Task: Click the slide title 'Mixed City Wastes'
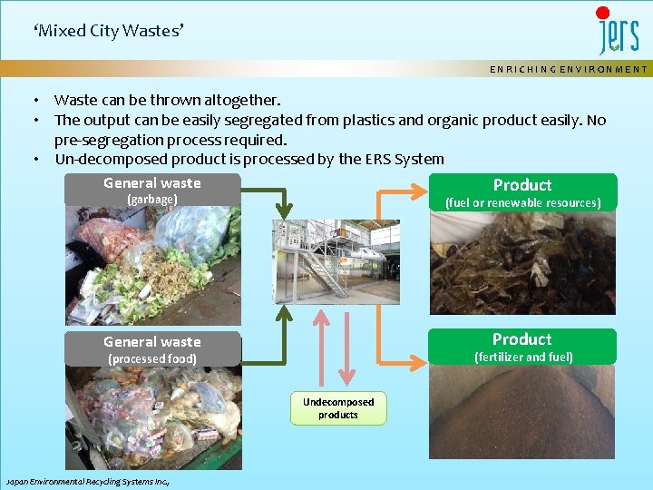click(x=108, y=31)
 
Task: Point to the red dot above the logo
click(x=603, y=14)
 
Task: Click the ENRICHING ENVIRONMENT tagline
click(x=569, y=69)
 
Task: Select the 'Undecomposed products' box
click(x=338, y=408)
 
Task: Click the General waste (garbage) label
click(x=152, y=190)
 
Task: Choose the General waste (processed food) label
click(x=152, y=349)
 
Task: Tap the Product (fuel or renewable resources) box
click(x=522, y=192)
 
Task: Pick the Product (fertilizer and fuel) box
click(x=522, y=347)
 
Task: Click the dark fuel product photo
click(x=522, y=263)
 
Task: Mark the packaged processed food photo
click(x=152, y=417)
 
